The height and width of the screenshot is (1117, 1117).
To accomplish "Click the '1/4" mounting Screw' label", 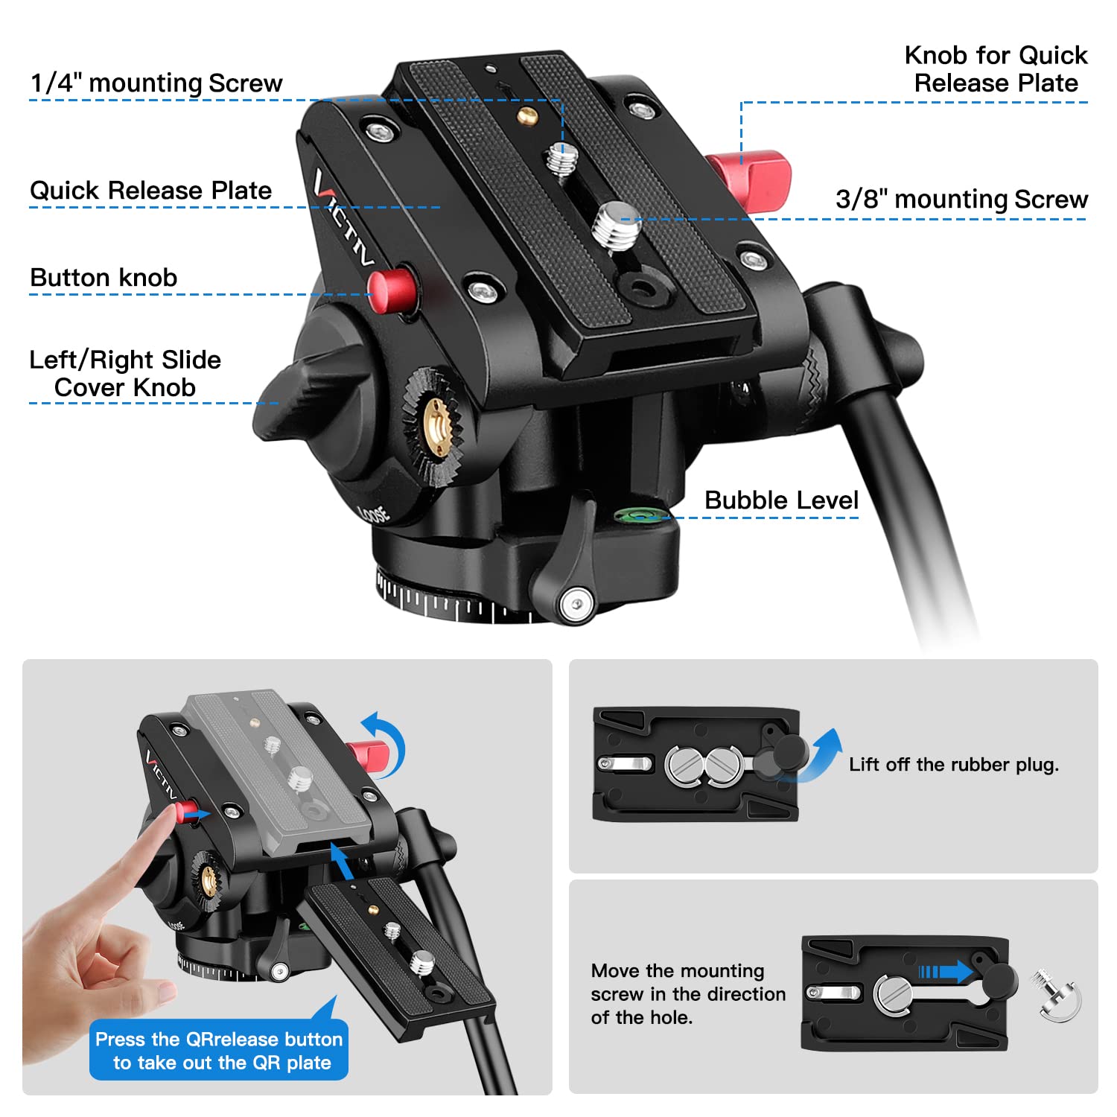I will [156, 83].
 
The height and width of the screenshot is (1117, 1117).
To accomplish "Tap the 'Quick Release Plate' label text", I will [150, 190].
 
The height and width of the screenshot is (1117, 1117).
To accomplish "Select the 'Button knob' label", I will [104, 277].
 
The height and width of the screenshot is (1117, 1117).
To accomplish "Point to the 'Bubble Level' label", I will [781, 500].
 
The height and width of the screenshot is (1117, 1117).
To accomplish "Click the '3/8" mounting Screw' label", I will [961, 199].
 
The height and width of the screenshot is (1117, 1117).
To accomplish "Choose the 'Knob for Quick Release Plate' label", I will [996, 69].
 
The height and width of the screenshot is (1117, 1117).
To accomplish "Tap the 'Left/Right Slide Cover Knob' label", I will [125, 373].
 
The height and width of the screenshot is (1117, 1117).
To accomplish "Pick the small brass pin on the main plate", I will [529, 115].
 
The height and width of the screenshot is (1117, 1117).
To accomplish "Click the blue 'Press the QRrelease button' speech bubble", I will [219, 1050].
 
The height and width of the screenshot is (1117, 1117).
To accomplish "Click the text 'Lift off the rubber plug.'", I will [953, 764].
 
